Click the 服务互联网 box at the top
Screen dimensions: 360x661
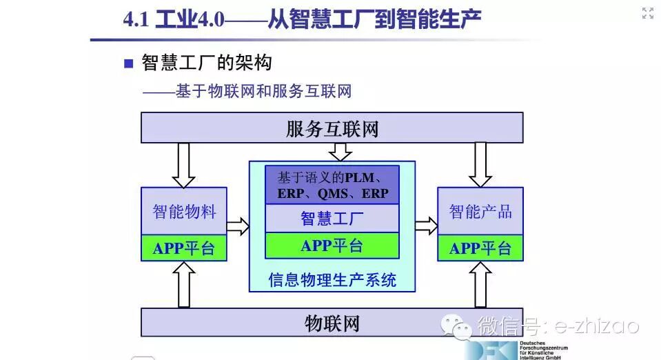(332, 128)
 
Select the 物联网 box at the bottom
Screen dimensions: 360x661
(332, 323)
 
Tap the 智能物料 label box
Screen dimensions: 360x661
(183, 211)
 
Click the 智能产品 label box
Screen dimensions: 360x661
(480, 211)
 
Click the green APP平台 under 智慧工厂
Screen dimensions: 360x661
(332, 246)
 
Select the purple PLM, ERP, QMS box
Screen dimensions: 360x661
(332, 185)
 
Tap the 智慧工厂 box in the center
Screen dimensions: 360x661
(332, 219)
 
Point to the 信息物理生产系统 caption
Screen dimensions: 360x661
(332, 280)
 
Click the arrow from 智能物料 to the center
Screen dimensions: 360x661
(238, 225)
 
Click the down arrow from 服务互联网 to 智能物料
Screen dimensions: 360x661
(183, 165)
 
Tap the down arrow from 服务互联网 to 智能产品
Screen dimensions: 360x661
(480, 165)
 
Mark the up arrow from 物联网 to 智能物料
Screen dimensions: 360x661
(183, 285)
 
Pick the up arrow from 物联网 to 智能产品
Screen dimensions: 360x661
(480, 285)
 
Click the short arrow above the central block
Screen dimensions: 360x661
(340, 152)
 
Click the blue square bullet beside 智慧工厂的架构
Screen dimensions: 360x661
(128, 64)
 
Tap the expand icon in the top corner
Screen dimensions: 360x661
(647, 13)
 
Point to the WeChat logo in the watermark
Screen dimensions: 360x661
(457, 325)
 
